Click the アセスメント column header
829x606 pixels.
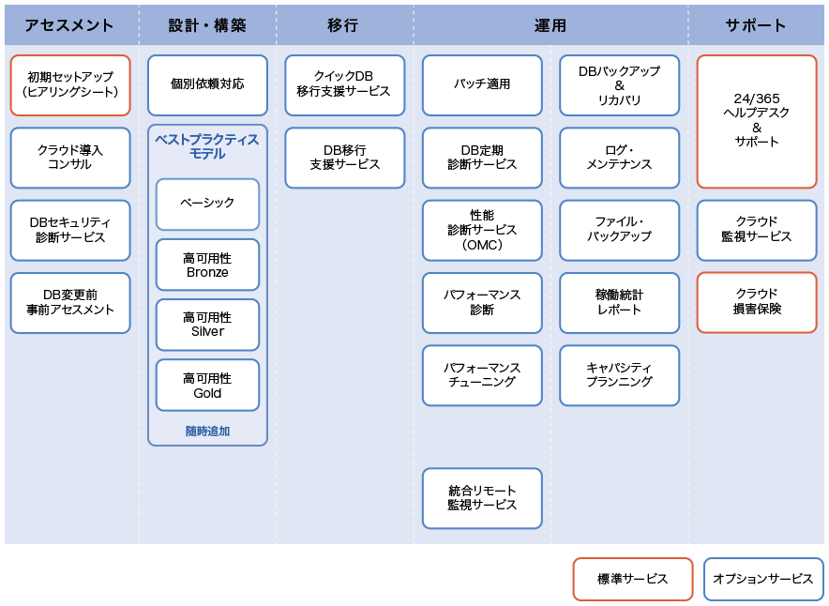point(69,24)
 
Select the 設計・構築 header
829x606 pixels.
point(207,24)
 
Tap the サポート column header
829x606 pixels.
point(756,24)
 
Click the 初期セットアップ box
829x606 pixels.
point(70,85)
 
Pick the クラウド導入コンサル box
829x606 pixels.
point(70,158)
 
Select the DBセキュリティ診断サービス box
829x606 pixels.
point(70,230)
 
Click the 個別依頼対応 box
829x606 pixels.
point(207,85)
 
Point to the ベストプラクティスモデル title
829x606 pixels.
point(207,146)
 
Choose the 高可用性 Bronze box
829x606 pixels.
point(207,265)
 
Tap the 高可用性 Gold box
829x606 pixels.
point(207,386)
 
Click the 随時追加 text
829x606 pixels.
point(207,431)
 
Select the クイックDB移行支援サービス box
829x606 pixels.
point(345,85)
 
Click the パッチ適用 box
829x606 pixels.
point(482,85)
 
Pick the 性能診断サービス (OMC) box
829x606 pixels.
point(482,230)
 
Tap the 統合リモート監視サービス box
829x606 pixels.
point(482,498)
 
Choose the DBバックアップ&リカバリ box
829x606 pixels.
point(619,85)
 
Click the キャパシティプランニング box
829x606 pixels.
point(619,375)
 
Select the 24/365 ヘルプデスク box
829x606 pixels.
point(757,122)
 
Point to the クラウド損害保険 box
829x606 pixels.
point(757,302)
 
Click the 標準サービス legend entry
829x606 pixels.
point(633,579)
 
